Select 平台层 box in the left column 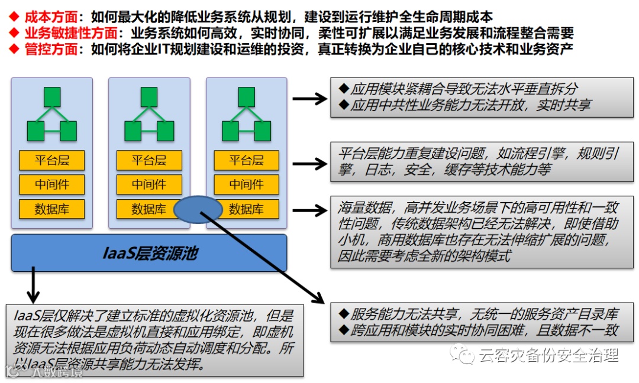[52, 160]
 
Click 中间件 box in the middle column [149, 184]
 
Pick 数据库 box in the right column [246, 209]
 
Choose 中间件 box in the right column [246, 184]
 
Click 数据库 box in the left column [52, 209]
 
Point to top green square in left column [52, 96]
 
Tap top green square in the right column [246, 96]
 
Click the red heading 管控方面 [50, 49]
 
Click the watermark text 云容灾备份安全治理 [547, 355]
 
